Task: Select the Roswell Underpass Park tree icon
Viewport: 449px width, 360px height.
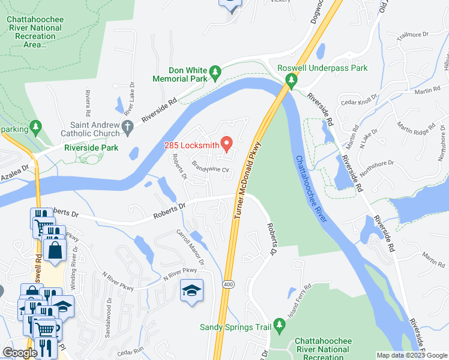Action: coord(292,80)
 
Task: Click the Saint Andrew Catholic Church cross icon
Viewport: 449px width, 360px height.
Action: coord(126,127)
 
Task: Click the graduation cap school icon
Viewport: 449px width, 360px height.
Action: coord(191,291)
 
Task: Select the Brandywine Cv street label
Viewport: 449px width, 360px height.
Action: coord(211,166)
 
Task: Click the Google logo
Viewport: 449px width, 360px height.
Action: coord(20,353)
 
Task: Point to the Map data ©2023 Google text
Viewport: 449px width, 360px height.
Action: coord(411,355)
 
